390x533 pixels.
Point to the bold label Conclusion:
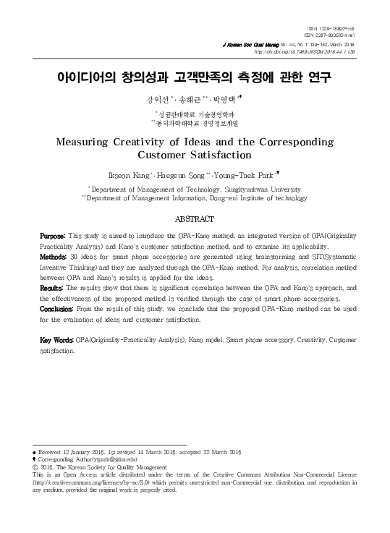click(57, 308)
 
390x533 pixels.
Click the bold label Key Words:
click(56, 339)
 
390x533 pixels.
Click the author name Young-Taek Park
click(242, 174)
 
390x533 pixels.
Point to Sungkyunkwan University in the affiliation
click(247, 187)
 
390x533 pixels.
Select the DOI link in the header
click(312, 51)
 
